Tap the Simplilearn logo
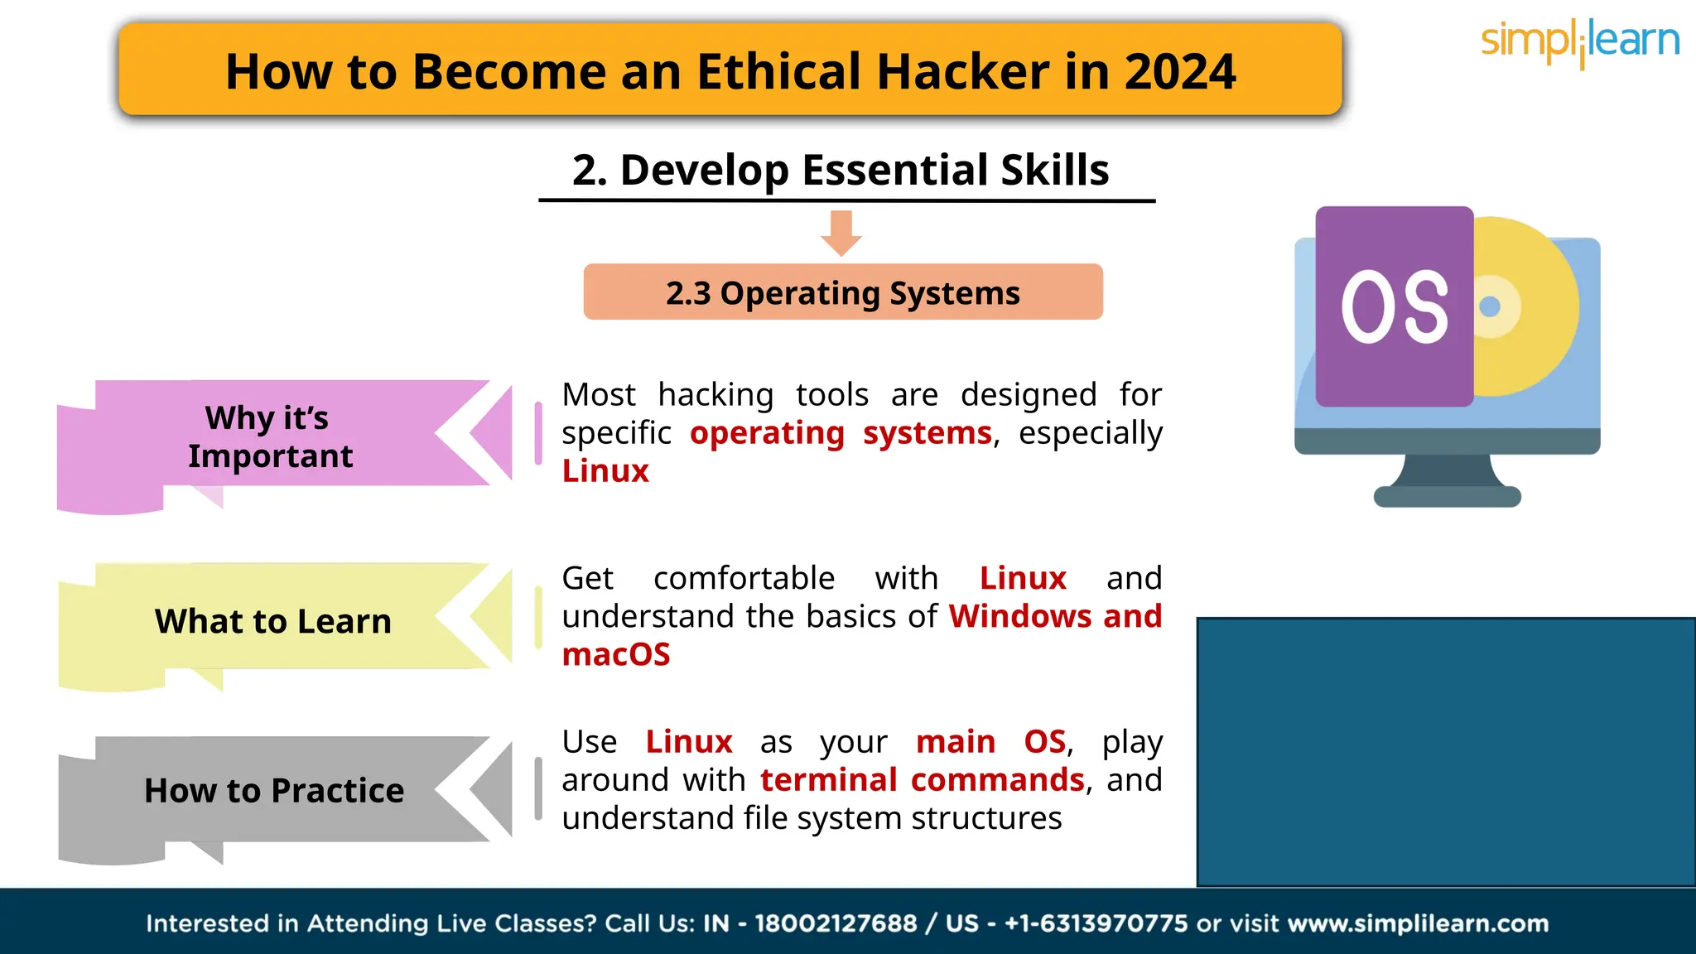click(1579, 41)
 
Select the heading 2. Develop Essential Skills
click(840, 171)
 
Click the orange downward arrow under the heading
click(841, 233)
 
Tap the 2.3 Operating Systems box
click(842, 292)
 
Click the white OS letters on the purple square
click(1395, 307)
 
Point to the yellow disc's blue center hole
click(1489, 306)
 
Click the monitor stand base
click(1447, 496)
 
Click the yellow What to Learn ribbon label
click(272, 621)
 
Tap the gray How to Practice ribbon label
click(274, 791)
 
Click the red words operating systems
click(840, 433)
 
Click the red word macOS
click(615, 655)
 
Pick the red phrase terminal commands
click(922, 780)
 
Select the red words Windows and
click(1055, 617)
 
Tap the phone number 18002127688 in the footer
click(835, 923)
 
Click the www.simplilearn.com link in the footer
click(1418, 923)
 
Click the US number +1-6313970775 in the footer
click(1096, 923)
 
